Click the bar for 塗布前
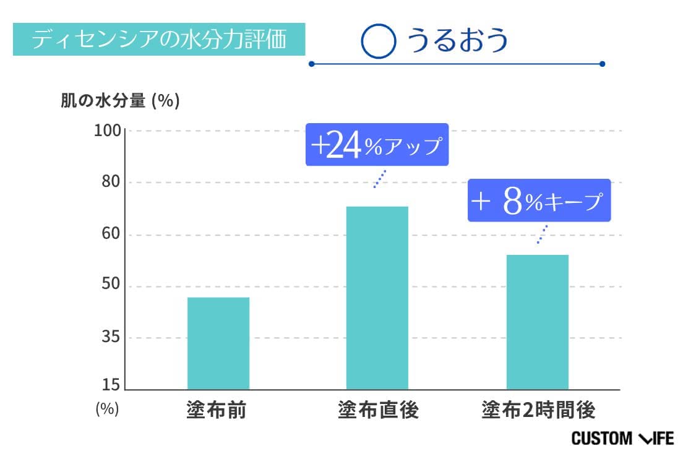coord(218,343)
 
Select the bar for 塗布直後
coord(377,298)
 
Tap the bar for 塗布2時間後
coord(537,322)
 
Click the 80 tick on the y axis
coord(110,183)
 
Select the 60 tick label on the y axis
coord(110,235)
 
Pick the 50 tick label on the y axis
coord(110,286)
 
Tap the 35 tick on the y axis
coord(110,338)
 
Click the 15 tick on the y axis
coord(110,385)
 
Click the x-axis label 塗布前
coord(216,410)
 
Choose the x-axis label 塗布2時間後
coord(538,410)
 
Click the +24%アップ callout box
coord(377,145)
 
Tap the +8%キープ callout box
coord(539,200)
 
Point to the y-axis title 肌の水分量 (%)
coord(120,101)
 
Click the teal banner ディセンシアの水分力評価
coord(159,40)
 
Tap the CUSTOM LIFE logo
coord(622,439)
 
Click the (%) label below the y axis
coord(107,409)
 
